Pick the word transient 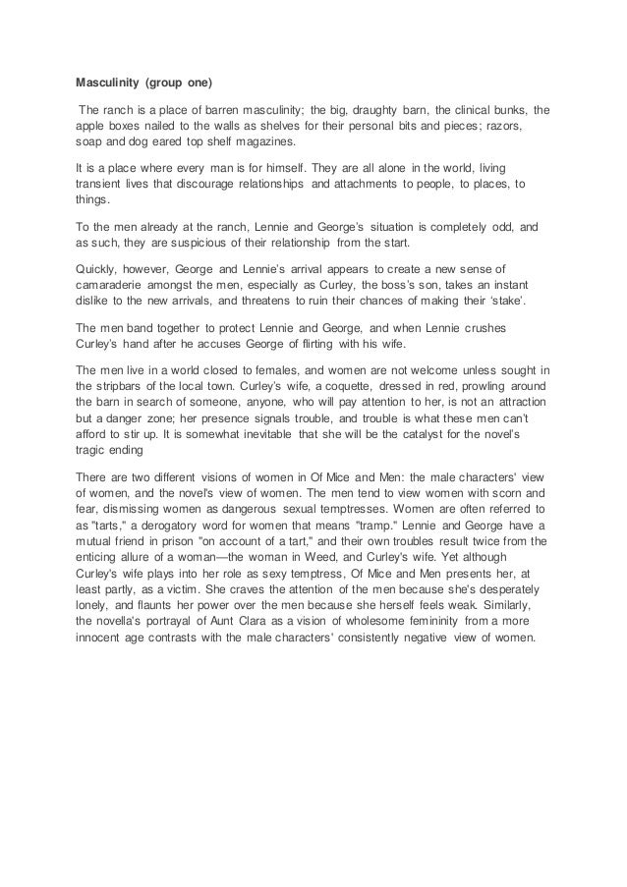coord(102,183)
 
